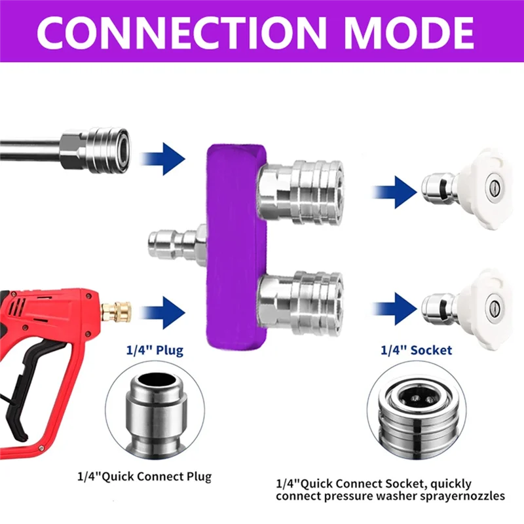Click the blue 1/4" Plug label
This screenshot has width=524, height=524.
tap(155, 350)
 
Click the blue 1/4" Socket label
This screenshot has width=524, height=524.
tap(416, 350)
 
